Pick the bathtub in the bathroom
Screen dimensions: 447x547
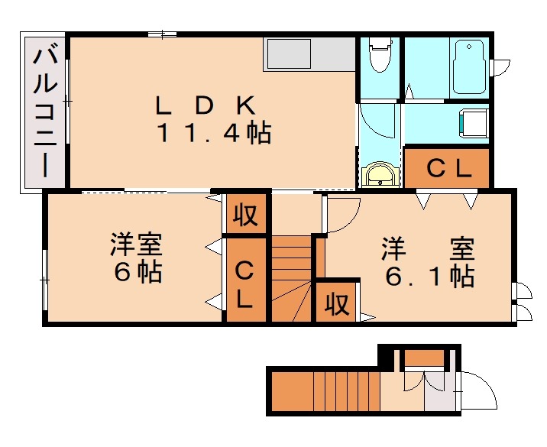(x=470, y=65)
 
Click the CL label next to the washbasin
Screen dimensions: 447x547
(x=448, y=170)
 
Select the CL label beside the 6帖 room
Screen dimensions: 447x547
(x=244, y=284)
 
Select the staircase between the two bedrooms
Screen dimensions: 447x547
(x=293, y=279)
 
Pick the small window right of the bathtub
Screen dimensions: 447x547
(x=500, y=67)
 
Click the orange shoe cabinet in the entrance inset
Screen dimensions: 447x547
(x=423, y=357)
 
